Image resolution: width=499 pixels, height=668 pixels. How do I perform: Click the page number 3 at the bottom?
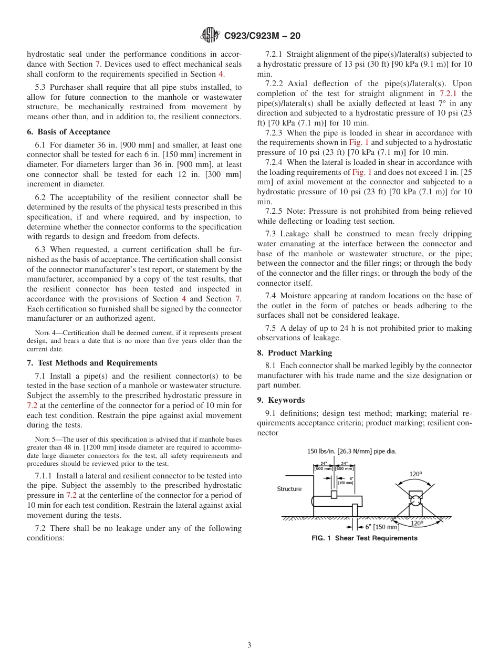click(249, 645)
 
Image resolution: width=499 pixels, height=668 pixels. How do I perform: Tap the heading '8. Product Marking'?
click(294, 353)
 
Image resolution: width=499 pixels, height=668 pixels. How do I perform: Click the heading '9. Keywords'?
click(280, 400)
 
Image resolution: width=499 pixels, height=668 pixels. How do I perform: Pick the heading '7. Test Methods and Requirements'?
click(92, 363)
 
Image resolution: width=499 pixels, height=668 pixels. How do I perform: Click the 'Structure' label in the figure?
click(289, 489)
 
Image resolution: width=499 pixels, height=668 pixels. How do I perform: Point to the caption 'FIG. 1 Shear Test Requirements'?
click(365, 538)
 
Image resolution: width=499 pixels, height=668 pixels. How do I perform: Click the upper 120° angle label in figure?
click(415, 474)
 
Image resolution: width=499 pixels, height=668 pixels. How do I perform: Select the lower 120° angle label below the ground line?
click(416, 523)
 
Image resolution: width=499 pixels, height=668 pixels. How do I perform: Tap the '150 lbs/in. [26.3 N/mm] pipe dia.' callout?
click(352, 451)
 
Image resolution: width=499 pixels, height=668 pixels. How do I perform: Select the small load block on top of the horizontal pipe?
click(334, 494)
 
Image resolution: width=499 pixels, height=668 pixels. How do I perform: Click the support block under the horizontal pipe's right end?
click(355, 510)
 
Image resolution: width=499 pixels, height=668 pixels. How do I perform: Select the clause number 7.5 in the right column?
click(272, 328)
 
